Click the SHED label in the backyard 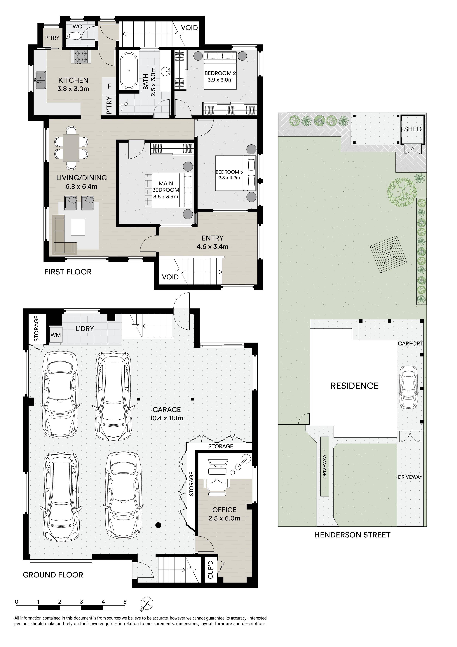(413, 129)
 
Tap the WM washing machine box (56, 335)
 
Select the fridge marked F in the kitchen (109, 86)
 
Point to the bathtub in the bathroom (129, 71)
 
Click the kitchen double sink (41, 80)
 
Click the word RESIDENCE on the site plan (354, 386)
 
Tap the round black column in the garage (158, 525)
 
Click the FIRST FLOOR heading (68, 272)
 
